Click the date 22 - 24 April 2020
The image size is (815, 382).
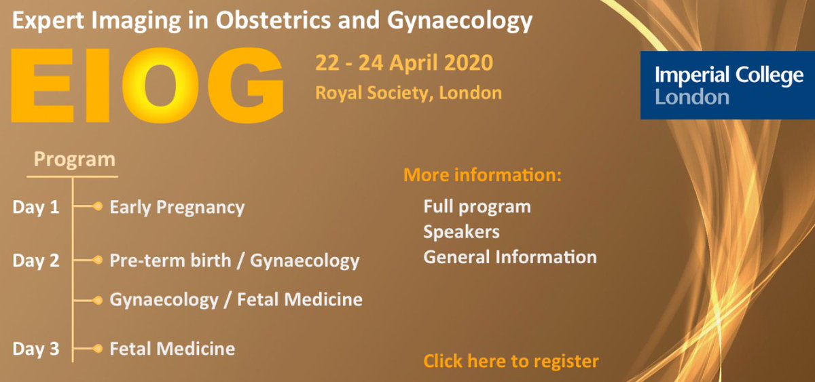[404, 64]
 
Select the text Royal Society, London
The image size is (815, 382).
[408, 92]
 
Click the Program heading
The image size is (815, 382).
[74, 160]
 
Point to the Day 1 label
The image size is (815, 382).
[35, 208]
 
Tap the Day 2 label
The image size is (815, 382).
[35, 261]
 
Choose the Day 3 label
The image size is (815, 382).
[35, 350]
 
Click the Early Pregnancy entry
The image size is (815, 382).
[177, 208]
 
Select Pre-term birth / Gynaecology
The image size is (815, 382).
[234, 261]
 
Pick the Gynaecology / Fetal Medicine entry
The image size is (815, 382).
[236, 299]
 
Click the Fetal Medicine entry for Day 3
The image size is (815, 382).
[173, 349]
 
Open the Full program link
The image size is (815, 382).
[477, 206]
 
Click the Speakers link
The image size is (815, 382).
[461, 232]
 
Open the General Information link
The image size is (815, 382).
[510, 258]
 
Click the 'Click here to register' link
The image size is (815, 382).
[511, 361]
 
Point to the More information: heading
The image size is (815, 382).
[483, 176]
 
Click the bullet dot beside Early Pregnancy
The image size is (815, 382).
[98, 206]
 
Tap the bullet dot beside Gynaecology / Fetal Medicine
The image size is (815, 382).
[98, 299]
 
